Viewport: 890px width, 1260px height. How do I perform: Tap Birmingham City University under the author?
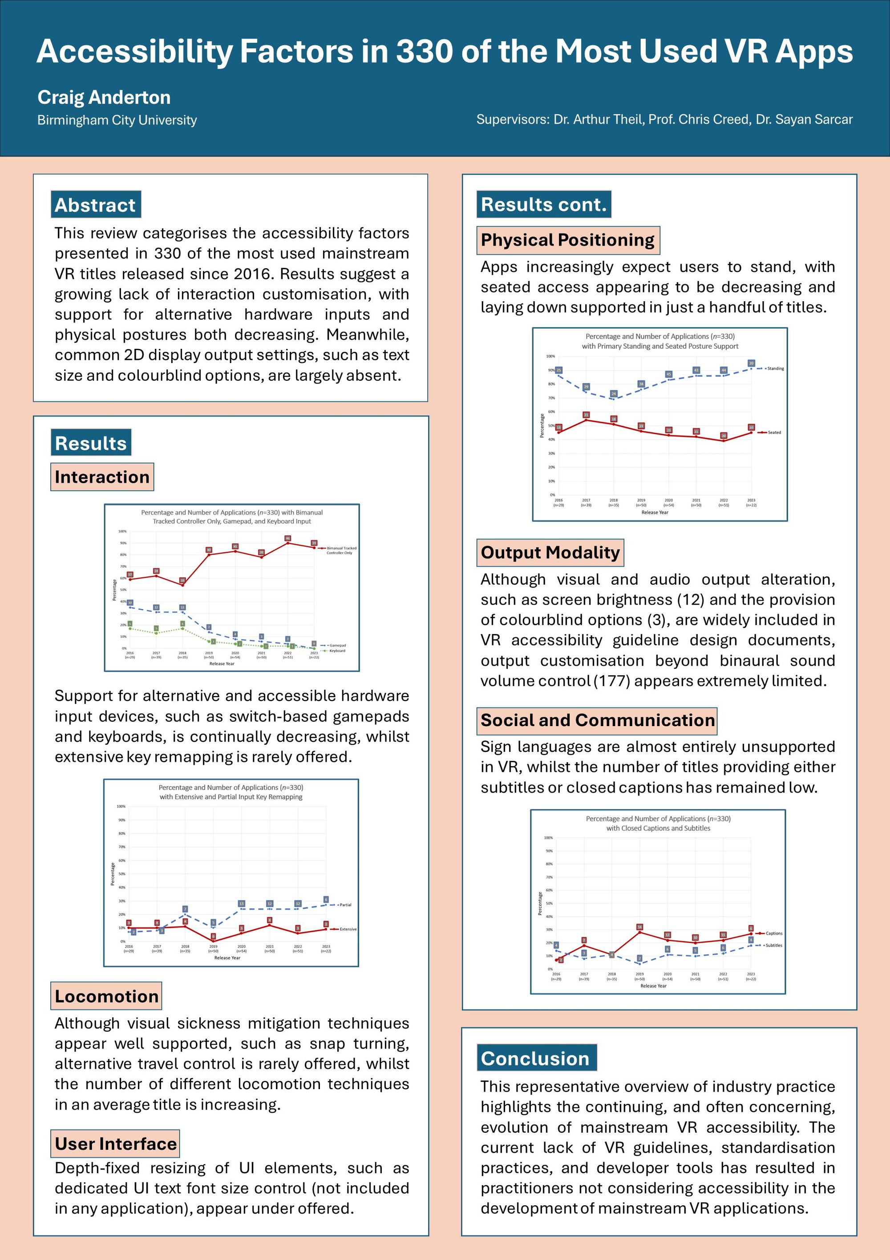point(117,120)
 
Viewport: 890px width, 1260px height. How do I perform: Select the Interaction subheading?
point(101,477)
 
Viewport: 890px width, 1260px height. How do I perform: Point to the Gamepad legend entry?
point(337,646)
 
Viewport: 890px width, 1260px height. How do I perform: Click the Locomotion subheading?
point(106,996)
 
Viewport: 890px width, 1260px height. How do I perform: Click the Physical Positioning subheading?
point(567,240)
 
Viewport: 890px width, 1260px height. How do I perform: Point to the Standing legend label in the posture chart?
point(775,369)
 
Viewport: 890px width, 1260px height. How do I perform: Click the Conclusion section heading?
point(535,1058)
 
